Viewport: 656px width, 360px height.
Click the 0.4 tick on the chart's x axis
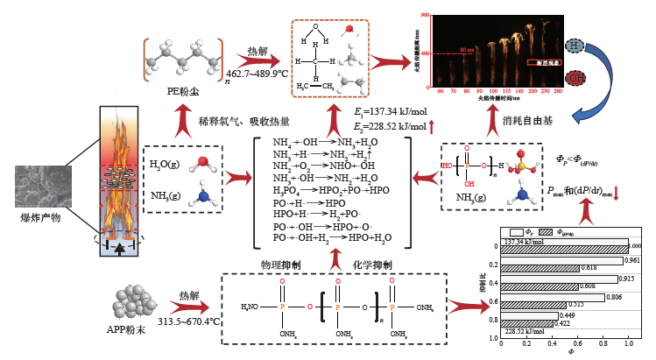click(550, 343)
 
